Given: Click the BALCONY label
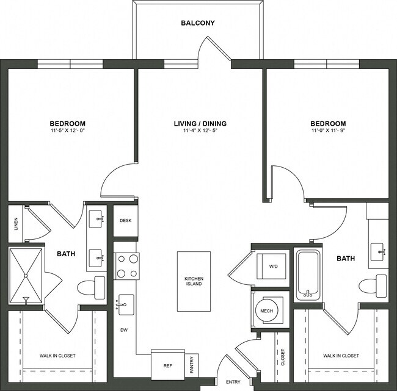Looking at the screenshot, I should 197,24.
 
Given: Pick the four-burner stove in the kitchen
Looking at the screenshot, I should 126,266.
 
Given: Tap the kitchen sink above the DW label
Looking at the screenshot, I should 126,303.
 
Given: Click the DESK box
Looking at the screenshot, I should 126,221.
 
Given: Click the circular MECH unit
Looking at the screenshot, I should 266,310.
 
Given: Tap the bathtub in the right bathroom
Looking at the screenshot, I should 310,275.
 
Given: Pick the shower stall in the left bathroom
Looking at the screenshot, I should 26,275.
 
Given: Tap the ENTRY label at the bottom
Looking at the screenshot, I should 233,382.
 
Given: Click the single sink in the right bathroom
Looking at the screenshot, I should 379,251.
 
